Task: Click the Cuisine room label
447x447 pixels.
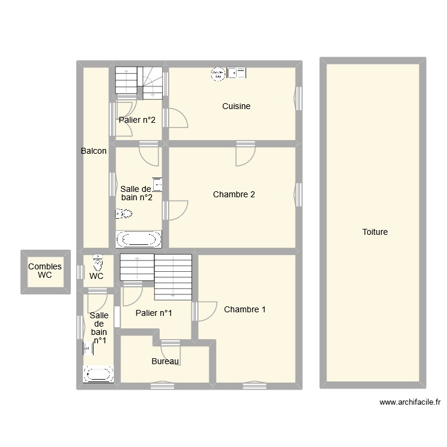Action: coord(236,106)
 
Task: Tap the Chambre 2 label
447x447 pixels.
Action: coord(234,194)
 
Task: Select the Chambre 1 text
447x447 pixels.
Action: coord(244,309)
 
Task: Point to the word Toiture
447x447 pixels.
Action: coord(375,232)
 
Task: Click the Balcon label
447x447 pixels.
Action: coord(94,151)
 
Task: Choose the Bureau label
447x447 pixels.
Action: coord(166,361)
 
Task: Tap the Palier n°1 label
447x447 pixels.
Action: coord(154,313)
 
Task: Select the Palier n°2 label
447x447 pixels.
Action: coord(137,120)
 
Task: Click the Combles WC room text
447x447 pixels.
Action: coord(45,271)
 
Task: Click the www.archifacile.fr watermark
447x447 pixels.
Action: coord(410,403)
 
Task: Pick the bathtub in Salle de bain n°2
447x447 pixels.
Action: coord(138,240)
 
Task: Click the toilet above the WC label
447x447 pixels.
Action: coord(98,262)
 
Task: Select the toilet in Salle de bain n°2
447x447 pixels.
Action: coord(124,213)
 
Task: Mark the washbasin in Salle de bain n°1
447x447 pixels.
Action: coord(88,347)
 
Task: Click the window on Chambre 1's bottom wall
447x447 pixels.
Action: coord(254,386)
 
